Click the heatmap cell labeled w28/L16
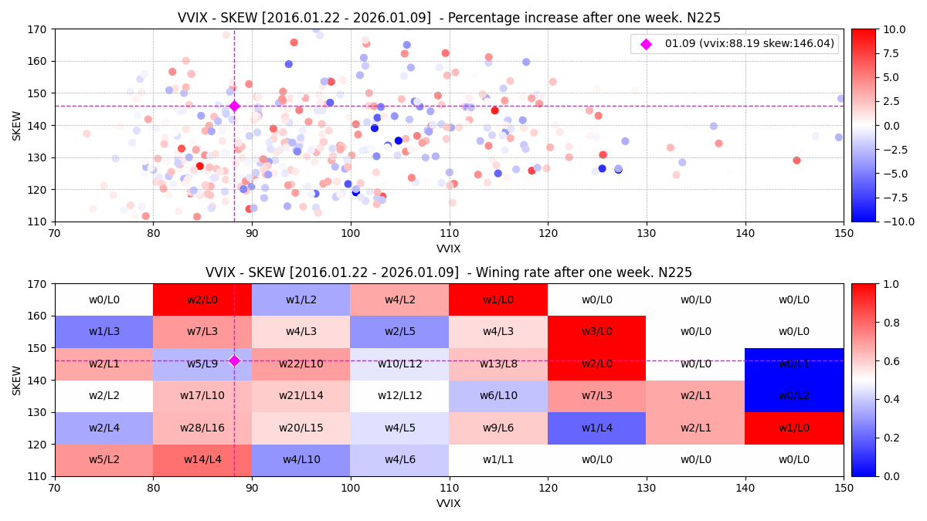pos(202,428)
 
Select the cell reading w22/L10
pos(301,364)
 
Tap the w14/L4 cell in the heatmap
pos(202,460)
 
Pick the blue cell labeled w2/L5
pos(399,332)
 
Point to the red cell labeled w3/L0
pos(596,332)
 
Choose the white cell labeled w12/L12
pos(399,396)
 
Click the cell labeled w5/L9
pos(202,364)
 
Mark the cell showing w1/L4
pos(596,428)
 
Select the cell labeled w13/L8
pos(498,364)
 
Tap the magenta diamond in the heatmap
pos(234,360)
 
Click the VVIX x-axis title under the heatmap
pos(449,503)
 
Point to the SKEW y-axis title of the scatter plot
pos(17,125)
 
